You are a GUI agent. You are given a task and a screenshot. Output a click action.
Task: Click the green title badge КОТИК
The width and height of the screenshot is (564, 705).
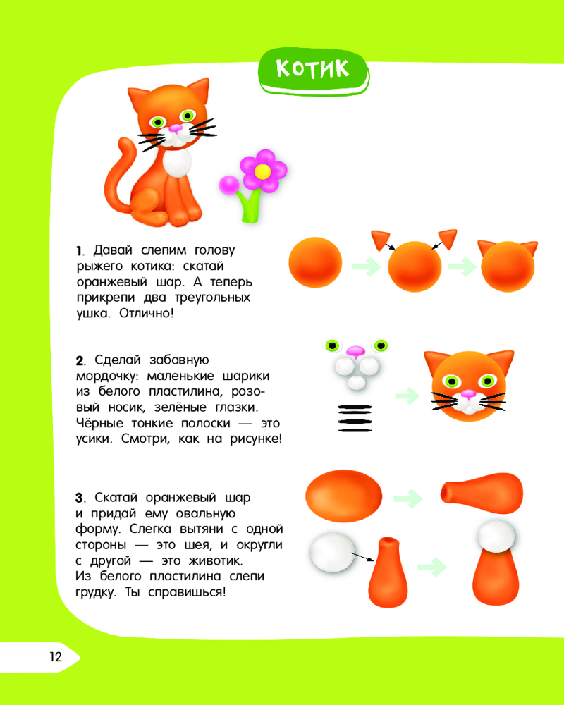(x=314, y=71)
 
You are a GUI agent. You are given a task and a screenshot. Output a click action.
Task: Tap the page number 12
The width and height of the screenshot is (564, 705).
(x=55, y=657)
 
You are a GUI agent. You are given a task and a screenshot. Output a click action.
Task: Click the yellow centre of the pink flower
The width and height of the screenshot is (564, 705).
(x=263, y=171)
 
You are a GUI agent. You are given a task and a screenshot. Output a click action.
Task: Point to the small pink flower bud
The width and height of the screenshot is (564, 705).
(x=229, y=185)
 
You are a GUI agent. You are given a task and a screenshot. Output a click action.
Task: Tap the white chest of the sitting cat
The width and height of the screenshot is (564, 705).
(x=177, y=164)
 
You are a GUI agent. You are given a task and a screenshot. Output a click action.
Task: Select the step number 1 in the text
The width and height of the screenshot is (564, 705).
(x=79, y=251)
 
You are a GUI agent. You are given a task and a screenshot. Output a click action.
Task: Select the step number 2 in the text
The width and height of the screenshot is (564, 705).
(x=80, y=360)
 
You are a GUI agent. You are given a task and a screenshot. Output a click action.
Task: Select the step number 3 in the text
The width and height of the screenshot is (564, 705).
(x=80, y=498)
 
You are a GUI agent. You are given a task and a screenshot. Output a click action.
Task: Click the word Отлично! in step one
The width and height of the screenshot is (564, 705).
(x=146, y=314)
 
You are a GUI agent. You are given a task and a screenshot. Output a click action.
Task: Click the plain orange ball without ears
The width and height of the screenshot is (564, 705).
(x=315, y=262)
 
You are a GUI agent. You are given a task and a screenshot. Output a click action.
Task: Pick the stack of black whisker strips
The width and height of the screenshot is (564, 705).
(x=355, y=418)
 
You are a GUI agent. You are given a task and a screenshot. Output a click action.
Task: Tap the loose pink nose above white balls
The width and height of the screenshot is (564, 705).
(x=356, y=351)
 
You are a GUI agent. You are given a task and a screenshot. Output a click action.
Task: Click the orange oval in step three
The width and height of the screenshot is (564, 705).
(x=343, y=496)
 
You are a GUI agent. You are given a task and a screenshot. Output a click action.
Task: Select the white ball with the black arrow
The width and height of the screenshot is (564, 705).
(x=333, y=552)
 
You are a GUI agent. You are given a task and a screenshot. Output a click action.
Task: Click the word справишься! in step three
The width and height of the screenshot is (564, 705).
(x=187, y=593)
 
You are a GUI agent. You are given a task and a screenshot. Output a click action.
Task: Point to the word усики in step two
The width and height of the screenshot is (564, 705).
(x=92, y=439)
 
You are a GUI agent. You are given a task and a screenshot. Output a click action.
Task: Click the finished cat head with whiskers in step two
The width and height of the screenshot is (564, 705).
(x=469, y=386)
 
